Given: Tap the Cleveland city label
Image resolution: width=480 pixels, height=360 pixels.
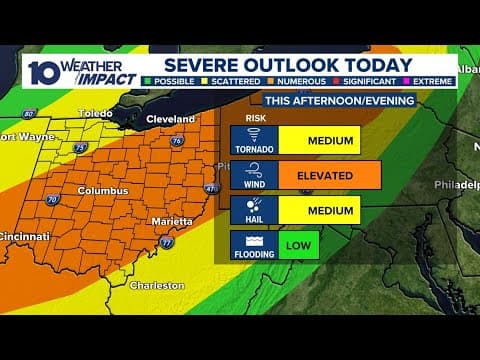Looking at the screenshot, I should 170,119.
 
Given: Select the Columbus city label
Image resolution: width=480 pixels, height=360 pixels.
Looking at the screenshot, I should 103,190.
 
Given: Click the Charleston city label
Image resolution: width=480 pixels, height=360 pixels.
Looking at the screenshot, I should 157,285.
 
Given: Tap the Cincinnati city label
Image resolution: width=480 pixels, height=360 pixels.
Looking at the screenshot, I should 24,236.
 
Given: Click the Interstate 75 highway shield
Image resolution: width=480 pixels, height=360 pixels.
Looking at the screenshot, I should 80,147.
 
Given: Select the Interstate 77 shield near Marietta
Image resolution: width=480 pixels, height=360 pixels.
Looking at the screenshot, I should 166,242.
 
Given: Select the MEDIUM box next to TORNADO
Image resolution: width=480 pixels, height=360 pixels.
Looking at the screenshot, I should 319,139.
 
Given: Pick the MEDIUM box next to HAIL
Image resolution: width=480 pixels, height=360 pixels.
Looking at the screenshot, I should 319,210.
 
